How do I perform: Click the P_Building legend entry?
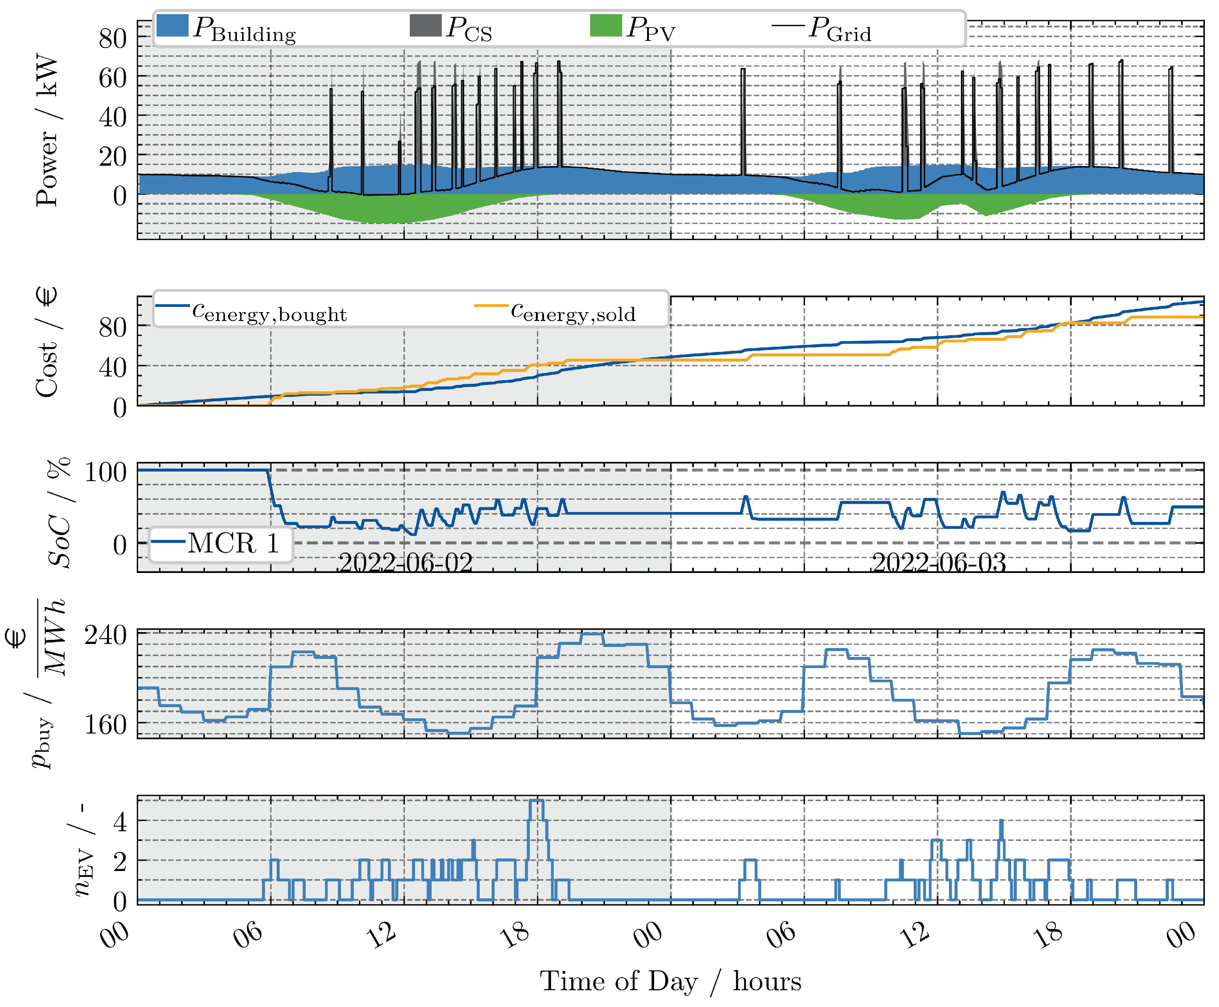[226, 28]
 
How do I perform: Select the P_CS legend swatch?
[425, 26]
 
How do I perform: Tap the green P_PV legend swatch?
[605, 26]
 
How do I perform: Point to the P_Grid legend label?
[840, 28]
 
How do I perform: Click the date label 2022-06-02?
[405, 562]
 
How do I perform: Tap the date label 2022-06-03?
[939, 562]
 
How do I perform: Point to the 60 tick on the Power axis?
[113, 78]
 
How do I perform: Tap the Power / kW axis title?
[46, 130]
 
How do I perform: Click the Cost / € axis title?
[46, 342]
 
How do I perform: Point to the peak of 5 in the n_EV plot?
[537, 801]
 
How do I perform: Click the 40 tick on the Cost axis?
[113, 368]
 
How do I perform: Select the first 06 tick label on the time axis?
[248, 934]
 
